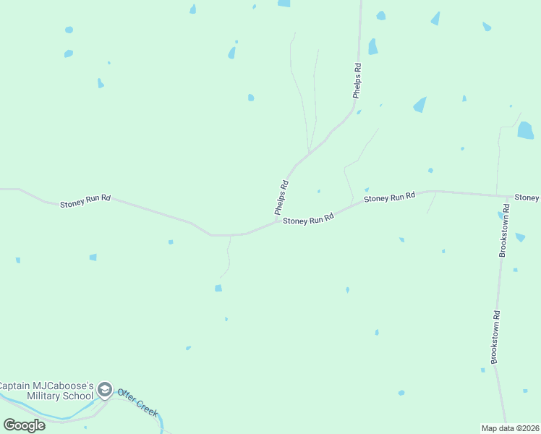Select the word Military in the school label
(x=47, y=396)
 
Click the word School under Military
(x=80, y=396)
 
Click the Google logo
(x=24, y=425)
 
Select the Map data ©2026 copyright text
(x=511, y=428)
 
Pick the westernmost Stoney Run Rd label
(x=85, y=200)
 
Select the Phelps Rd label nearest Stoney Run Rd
(x=281, y=197)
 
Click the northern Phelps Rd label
(x=357, y=80)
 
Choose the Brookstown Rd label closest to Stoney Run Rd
(x=505, y=230)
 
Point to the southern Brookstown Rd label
(x=495, y=337)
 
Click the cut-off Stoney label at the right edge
(x=527, y=197)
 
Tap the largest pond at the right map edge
(x=526, y=130)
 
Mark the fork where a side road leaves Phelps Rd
(x=309, y=153)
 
